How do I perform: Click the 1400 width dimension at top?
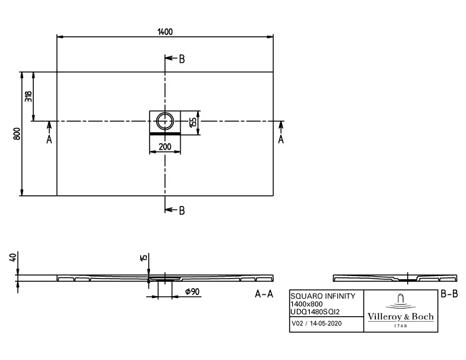166,31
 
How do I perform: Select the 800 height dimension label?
17,133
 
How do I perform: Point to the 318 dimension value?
28,96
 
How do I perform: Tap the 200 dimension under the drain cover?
165,147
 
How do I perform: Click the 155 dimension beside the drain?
193,121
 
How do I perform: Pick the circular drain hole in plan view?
165,120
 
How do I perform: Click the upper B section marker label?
181,59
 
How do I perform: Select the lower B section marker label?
181,210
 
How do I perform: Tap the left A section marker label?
49,140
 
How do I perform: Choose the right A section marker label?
281,140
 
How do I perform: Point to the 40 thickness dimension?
12,257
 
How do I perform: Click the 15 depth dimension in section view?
143,257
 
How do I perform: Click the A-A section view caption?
263,294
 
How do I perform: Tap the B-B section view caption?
450,294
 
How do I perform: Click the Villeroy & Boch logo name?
400,317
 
